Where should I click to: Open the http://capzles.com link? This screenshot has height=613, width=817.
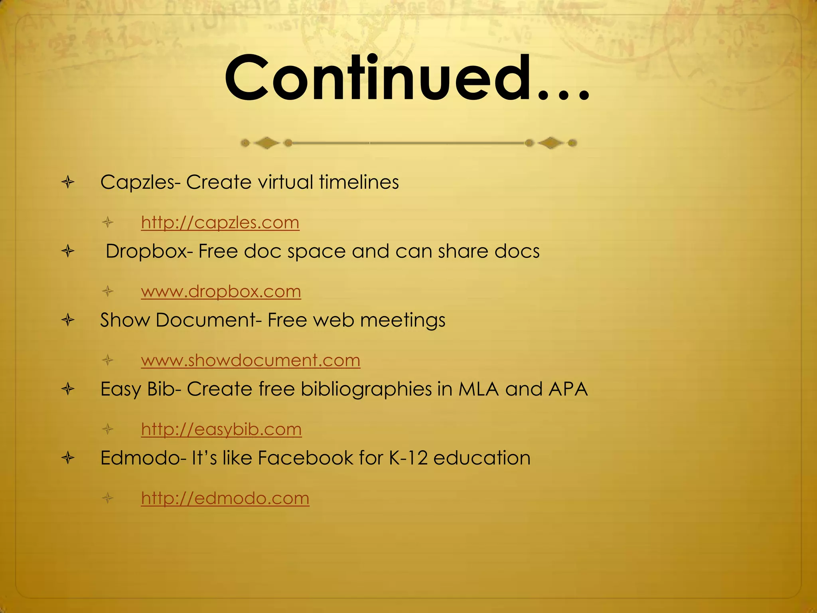click(x=220, y=223)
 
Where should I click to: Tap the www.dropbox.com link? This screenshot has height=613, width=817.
click(x=221, y=292)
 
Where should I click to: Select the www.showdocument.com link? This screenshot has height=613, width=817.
click(x=251, y=360)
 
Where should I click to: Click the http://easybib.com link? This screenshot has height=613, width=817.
click(x=221, y=429)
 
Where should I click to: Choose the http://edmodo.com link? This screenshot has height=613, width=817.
click(x=225, y=498)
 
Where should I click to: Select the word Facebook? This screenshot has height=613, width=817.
click(x=305, y=458)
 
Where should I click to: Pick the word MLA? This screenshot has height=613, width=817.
click(x=478, y=389)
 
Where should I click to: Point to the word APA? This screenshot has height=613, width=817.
click(x=568, y=389)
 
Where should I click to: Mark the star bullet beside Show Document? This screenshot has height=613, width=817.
click(x=68, y=320)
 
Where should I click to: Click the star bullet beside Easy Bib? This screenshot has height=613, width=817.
click(x=68, y=389)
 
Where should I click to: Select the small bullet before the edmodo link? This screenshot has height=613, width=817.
click(x=108, y=498)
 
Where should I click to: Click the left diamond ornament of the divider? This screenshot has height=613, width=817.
click(x=266, y=143)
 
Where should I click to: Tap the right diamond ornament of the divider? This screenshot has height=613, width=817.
click(x=551, y=143)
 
